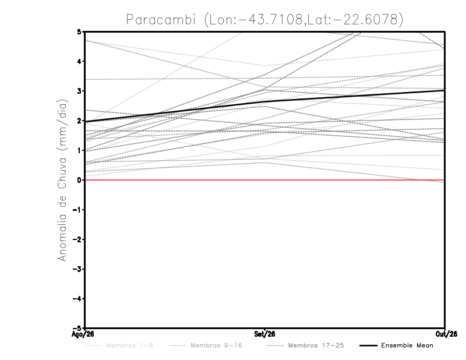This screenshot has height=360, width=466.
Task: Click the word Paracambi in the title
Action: point(161,20)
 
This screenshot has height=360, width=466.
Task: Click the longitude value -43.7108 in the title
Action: point(270,20)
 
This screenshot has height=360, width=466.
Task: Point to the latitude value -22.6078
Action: point(365,20)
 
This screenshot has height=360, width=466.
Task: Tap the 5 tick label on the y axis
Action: point(79,32)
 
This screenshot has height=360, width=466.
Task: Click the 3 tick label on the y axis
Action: point(79,91)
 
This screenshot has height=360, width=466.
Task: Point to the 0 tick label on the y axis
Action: point(79,180)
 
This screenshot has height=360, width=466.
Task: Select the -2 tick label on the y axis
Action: point(77,239)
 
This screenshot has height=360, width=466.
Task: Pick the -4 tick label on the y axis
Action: point(77,298)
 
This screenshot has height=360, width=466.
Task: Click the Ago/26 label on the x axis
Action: point(83,334)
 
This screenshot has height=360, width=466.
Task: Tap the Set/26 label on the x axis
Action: point(264,334)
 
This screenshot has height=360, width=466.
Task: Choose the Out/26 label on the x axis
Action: point(446,334)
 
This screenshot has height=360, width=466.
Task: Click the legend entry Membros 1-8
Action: point(129,345)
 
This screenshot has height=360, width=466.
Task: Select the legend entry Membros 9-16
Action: point(216,345)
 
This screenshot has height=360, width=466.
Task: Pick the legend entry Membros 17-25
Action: point(316,345)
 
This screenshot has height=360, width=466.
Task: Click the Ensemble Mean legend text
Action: point(407,345)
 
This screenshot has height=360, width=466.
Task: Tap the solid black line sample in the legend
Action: point(369,346)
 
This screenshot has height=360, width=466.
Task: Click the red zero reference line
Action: point(264,180)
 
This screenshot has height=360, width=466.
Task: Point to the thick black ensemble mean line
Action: point(264,102)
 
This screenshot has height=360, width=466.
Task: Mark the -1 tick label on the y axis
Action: point(77,210)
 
